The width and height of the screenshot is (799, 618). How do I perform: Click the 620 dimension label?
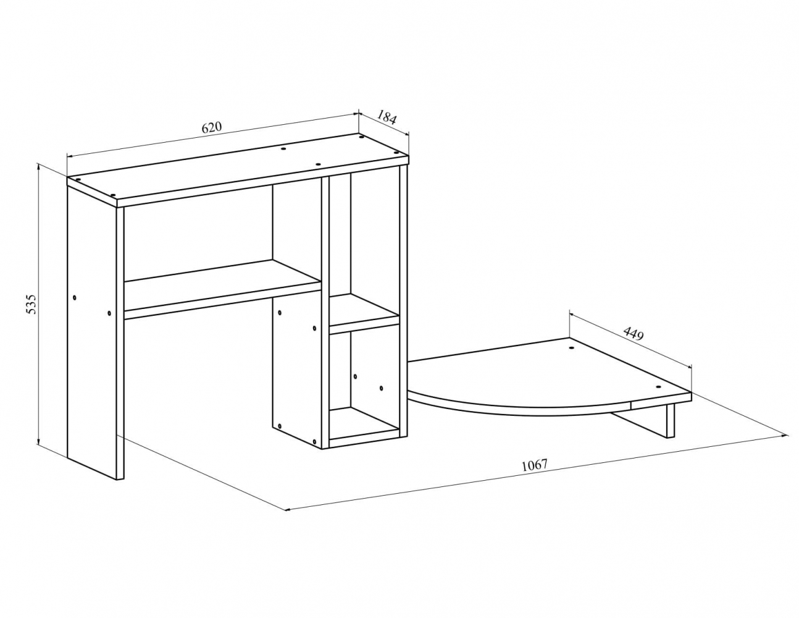click(x=212, y=127)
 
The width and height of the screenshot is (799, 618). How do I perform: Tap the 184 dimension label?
click(x=387, y=117)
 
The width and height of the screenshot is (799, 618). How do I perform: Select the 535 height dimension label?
click(x=32, y=304)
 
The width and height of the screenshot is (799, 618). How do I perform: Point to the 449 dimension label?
click(x=633, y=334)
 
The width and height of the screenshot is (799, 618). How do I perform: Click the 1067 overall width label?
click(x=535, y=465)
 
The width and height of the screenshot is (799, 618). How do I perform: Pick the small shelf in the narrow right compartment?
click(x=364, y=313)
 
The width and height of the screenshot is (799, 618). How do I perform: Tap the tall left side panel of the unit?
click(x=95, y=331)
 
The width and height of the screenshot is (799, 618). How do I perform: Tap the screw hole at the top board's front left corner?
click(x=113, y=195)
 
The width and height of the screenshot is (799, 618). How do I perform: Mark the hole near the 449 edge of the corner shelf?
click(x=571, y=347)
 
